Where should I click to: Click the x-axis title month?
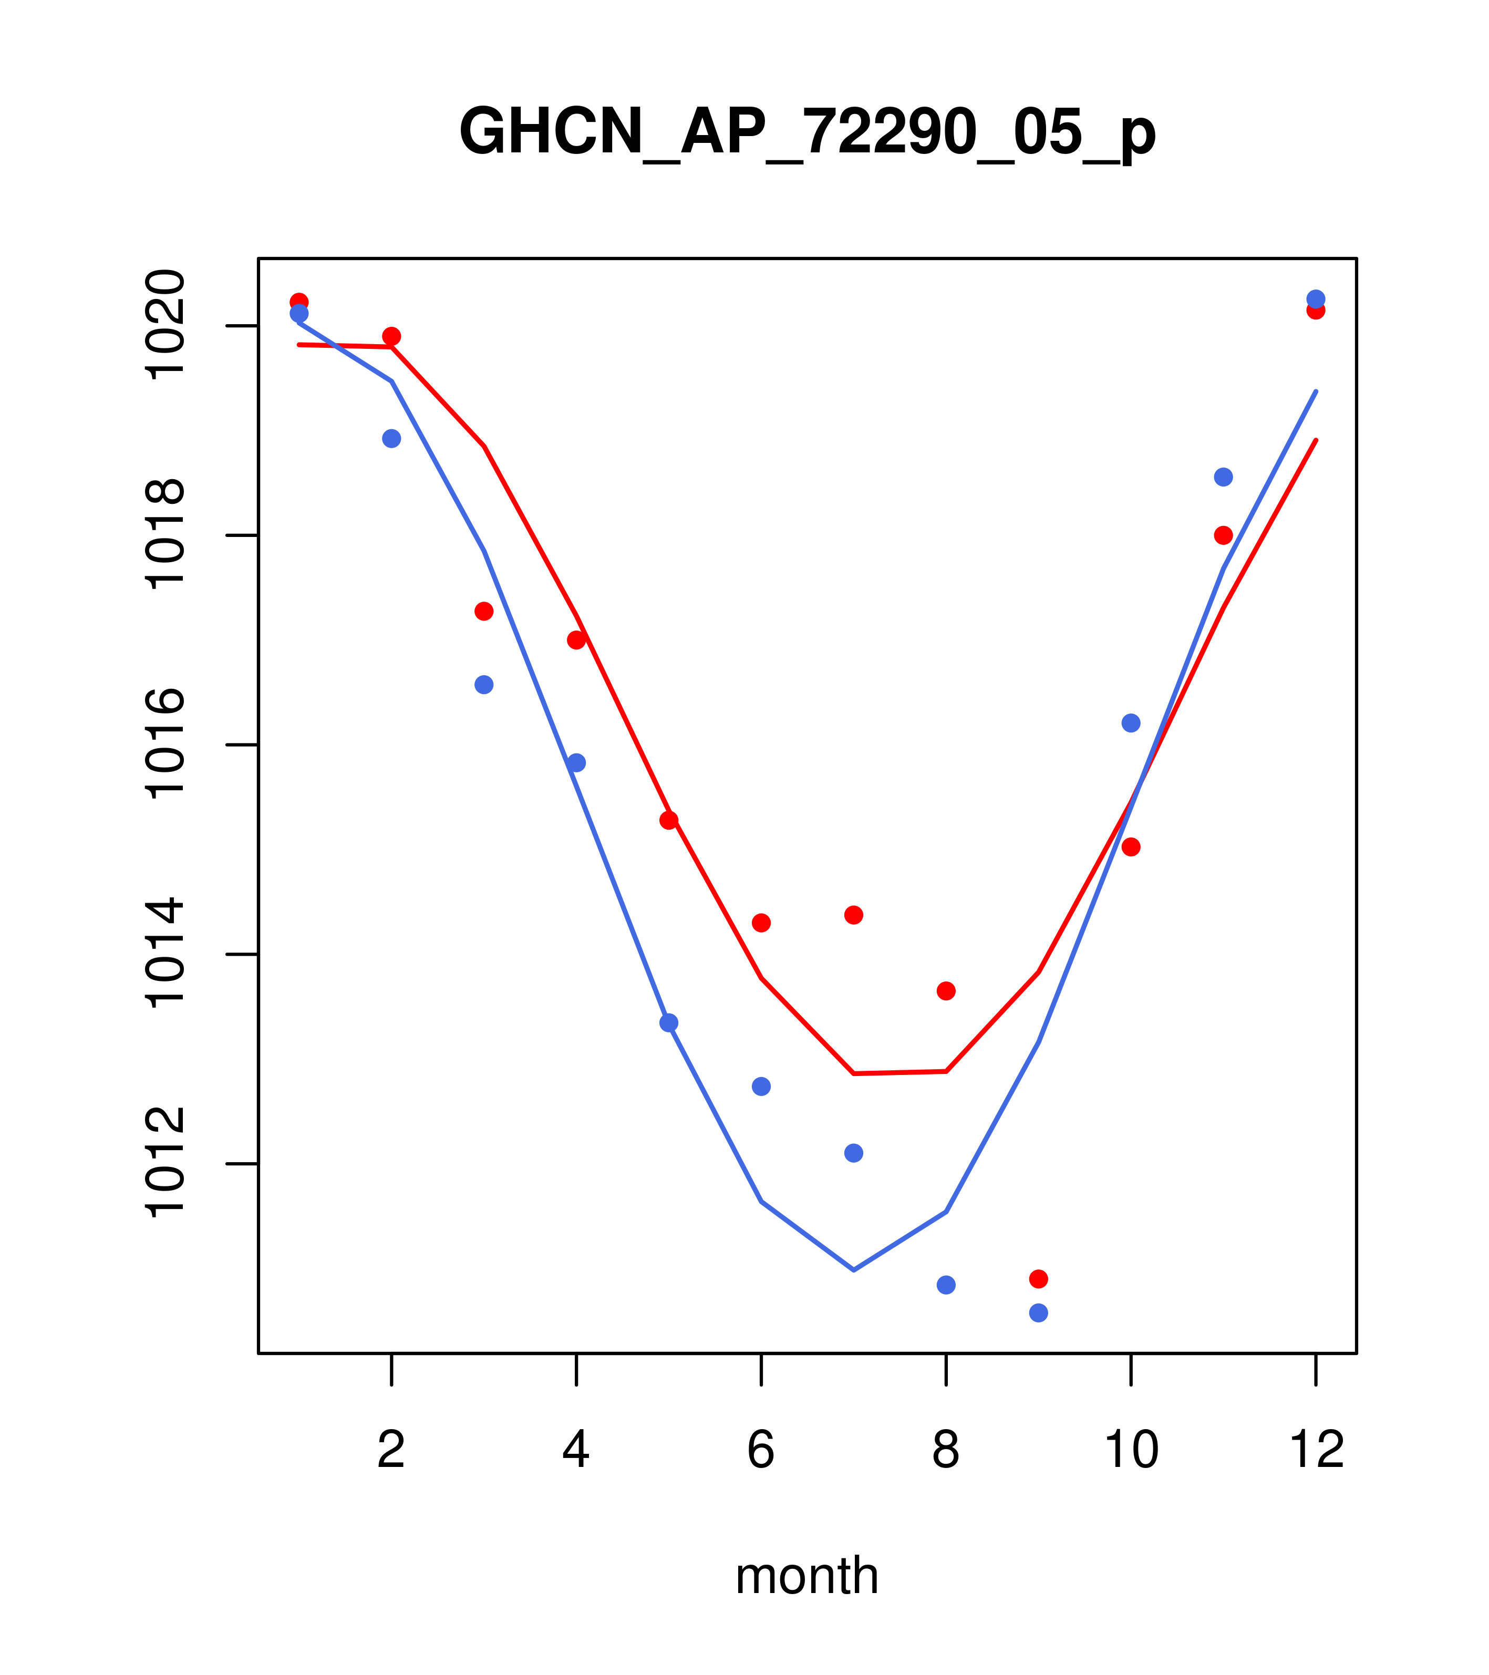click(807, 1575)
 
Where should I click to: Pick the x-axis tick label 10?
click(1131, 1451)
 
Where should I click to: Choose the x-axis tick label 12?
click(1316, 1451)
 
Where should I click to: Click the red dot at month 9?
click(1038, 1279)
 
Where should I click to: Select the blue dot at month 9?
click(1038, 1313)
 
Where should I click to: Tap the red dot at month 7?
click(854, 915)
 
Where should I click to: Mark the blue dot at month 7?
click(854, 1153)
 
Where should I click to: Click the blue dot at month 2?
click(392, 438)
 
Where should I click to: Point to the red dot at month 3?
click(484, 612)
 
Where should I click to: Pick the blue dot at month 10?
click(1131, 723)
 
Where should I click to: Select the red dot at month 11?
click(1224, 535)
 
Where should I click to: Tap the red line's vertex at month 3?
click(484, 447)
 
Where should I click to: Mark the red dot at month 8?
click(946, 991)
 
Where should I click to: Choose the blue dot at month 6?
click(761, 1087)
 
